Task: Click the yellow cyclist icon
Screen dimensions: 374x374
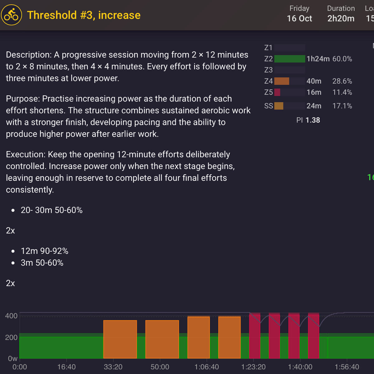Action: tap(11, 15)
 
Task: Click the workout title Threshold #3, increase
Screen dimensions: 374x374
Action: tap(84, 15)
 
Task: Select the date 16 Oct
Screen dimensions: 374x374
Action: tap(299, 19)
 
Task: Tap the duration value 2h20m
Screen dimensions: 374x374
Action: tap(341, 19)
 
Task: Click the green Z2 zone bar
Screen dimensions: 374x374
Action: tap(290, 59)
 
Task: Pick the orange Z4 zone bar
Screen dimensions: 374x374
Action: tap(282, 81)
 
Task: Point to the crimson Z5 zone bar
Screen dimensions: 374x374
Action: tap(277, 92)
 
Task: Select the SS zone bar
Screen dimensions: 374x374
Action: tap(279, 106)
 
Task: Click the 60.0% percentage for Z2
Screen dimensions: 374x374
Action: tap(342, 59)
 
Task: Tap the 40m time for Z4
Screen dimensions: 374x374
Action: tap(314, 81)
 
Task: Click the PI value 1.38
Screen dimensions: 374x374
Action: tap(313, 120)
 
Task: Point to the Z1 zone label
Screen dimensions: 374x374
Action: tap(268, 48)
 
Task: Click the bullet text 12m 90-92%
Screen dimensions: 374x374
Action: tap(45, 251)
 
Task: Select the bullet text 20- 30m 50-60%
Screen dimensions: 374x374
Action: tap(52, 210)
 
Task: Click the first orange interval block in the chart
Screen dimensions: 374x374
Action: tap(120, 339)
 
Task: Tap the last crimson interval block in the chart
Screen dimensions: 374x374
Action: tap(314, 335)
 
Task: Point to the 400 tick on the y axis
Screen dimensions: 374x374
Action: tap(11, 316)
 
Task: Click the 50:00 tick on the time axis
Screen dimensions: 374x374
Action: tap(160, 367)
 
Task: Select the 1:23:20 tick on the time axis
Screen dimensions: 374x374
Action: tap(253, 367)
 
